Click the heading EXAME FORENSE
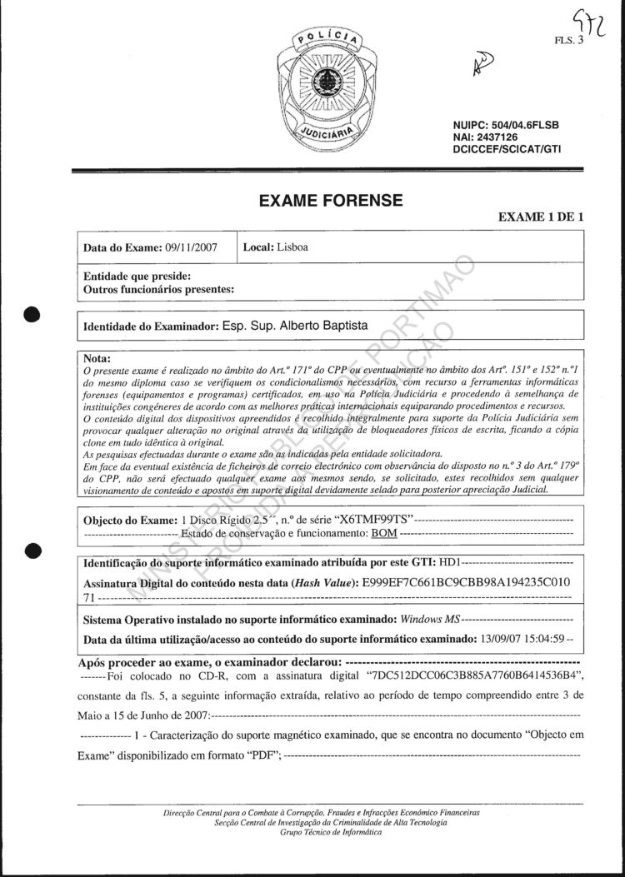332,200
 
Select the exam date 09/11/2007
191,247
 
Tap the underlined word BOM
384,533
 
